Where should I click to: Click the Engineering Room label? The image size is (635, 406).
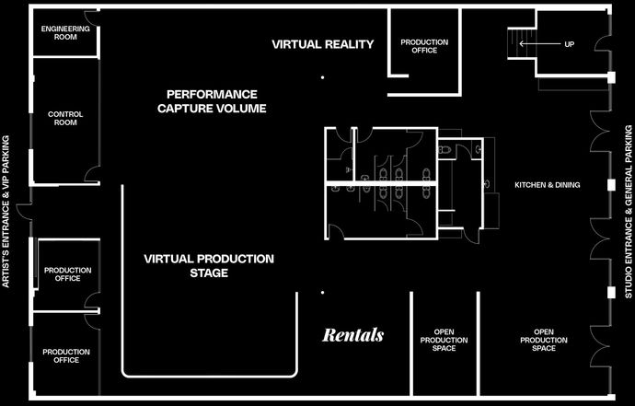point(65,33)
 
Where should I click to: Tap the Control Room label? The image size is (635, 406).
point(65,119)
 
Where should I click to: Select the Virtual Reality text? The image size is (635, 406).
point(322,44)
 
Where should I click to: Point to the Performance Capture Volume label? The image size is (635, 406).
point(212,101)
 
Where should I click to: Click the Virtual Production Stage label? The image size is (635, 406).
point(209,266)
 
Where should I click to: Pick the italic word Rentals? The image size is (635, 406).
point(353,335)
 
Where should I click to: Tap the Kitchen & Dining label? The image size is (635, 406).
point(548,185)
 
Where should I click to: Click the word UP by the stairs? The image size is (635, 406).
point(569,44)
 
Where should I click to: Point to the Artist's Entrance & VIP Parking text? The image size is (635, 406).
point(6,212)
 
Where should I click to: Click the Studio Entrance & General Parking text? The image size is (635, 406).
point(629,212)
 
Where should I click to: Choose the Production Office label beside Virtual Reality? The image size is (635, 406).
point(424,46)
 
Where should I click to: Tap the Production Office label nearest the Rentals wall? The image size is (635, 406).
point(66,355)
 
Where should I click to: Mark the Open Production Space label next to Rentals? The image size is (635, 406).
point(444,340)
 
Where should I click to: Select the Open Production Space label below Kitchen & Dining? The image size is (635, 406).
point(544,340)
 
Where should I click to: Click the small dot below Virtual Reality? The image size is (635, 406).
point(322,77)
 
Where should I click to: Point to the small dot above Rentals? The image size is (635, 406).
point(322,292)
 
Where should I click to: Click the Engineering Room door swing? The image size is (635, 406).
point(90,17)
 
